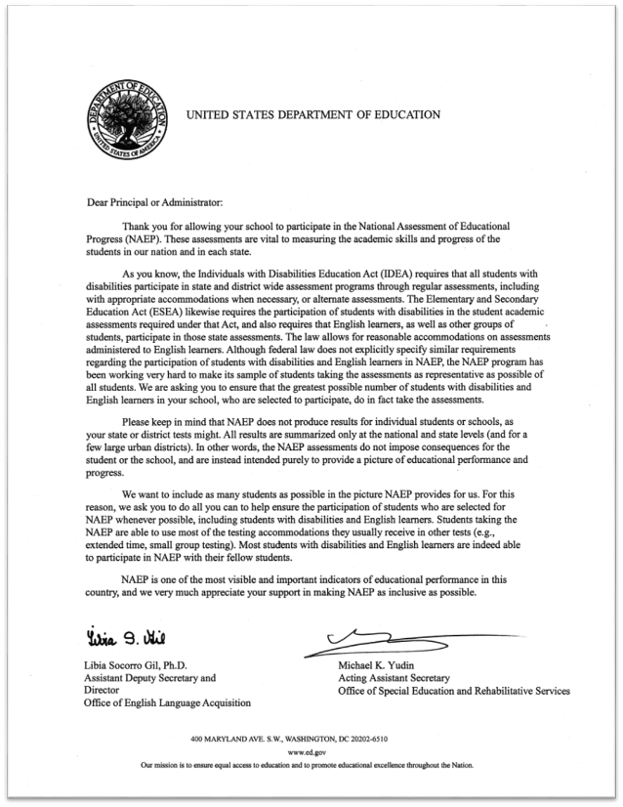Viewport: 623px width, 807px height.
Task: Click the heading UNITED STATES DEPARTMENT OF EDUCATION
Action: (312, 114)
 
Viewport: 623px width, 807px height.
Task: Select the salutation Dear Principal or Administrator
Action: (147, 202)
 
